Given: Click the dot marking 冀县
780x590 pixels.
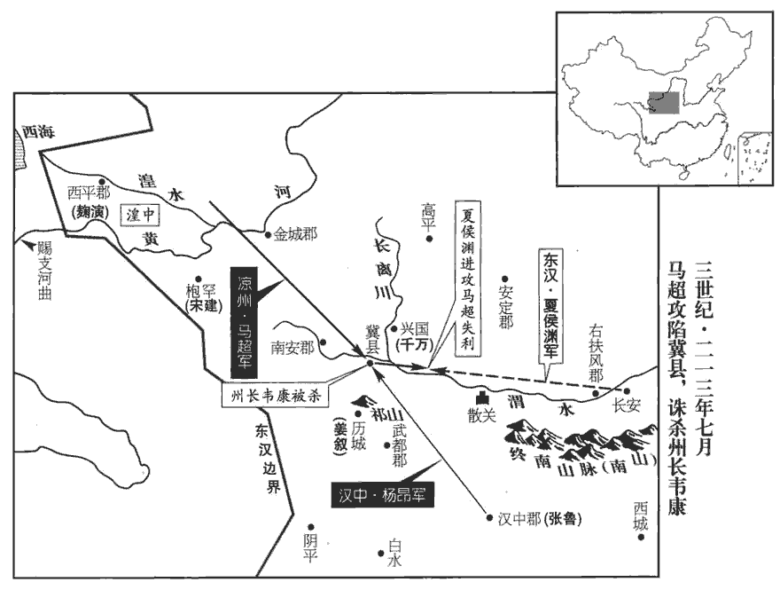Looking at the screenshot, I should (370, 360).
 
